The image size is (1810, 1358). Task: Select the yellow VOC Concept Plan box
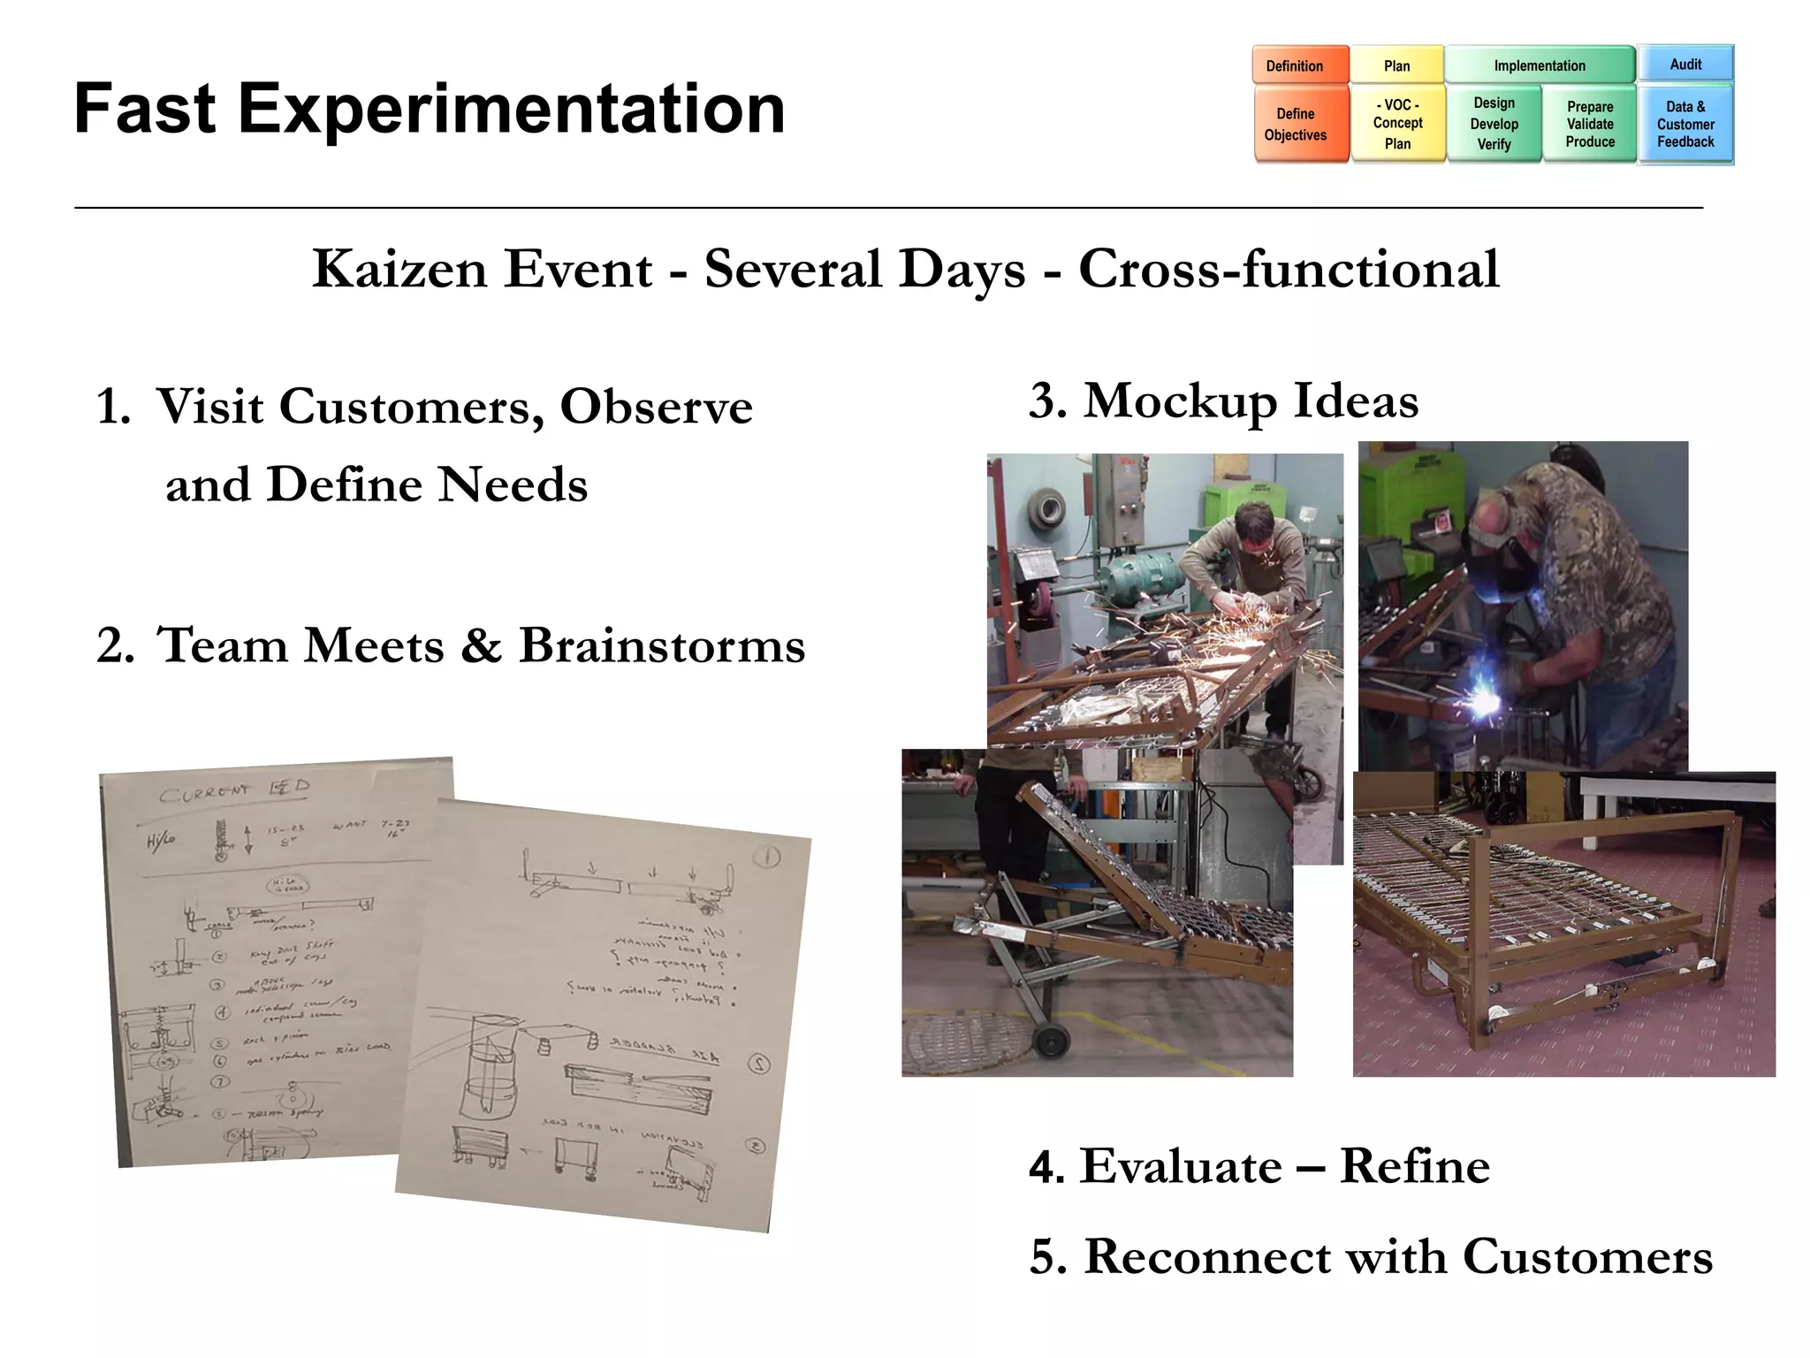(1397, 124)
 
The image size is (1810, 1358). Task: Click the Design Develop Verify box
(1494, 124)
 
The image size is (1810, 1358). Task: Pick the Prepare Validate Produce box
(1589, 124)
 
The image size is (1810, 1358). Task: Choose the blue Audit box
(1685, 65)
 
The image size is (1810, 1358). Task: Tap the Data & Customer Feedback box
(1685, 124)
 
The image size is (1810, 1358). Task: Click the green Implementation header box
(1539, 65)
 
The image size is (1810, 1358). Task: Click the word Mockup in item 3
(1179, 401)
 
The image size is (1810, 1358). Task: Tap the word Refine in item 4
(1414, 1166)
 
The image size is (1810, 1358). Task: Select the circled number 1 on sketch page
(767, 857)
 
